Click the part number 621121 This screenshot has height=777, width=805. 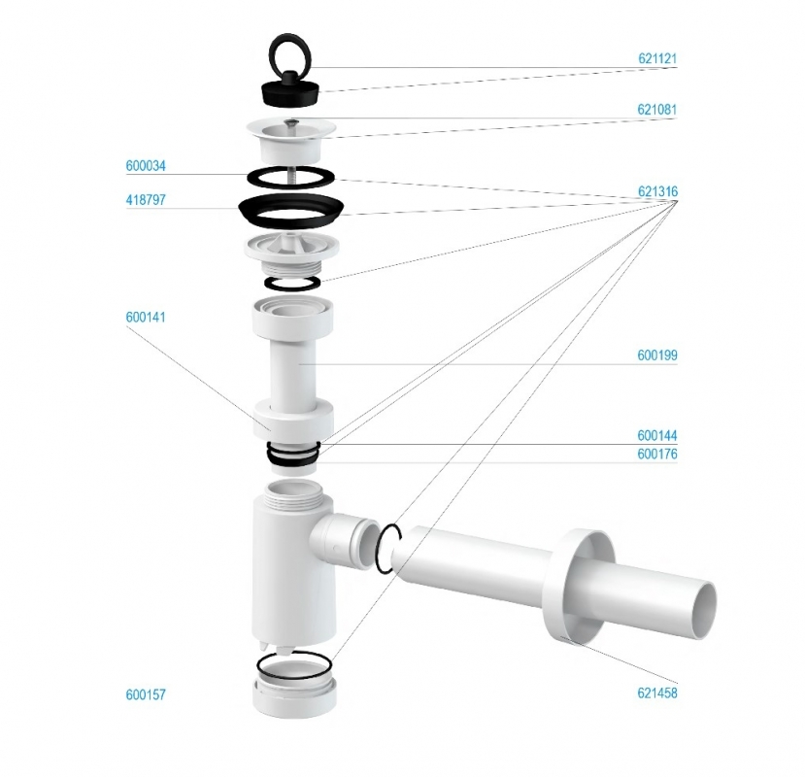click(x=657, y=58)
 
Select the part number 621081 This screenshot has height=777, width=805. click(x=657, y=110)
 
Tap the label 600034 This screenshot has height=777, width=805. click(x=146, y=166)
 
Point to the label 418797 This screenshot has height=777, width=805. click(x=146, y=200)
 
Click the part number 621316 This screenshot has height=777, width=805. click(x=657, y=191)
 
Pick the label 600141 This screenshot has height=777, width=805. click(x=146, y=317)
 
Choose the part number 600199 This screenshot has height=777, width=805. click(x=657, y=355)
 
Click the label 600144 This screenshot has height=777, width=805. click(x=657, y=435)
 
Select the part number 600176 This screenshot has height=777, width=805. click(x=657, y=454)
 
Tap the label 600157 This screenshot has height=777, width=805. click(x=146, y=694)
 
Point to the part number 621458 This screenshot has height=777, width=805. click(x=657, y=693)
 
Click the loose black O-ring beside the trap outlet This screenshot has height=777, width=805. click(x=387, y=549)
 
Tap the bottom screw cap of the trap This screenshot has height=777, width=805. click(x=295, y=692)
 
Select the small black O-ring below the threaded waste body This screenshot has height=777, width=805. click(x=292, y=283)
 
